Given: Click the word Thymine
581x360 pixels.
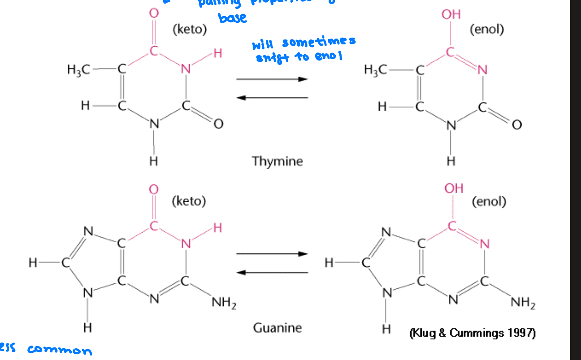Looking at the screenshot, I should [x=277, y=161].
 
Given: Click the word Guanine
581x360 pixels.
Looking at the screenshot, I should [x=277, y=328].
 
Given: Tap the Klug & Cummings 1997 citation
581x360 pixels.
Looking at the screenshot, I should [x=472, y=333].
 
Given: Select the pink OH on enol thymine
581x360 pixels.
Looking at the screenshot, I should [x=451, y=14].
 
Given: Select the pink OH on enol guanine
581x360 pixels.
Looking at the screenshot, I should [x=454, y=188].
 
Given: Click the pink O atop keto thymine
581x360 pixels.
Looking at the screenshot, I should [x=154, y=13].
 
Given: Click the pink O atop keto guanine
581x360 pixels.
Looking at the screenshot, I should [x=154, y=189].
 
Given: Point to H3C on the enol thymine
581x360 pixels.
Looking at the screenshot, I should [x=376, y=69].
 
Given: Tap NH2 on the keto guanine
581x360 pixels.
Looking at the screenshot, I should [x=224, y=304].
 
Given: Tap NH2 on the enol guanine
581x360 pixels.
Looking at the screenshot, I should [x=523, y=304].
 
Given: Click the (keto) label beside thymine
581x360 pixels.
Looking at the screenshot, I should [x=190, y=30].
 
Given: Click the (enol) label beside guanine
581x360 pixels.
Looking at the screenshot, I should [x=489, y=202].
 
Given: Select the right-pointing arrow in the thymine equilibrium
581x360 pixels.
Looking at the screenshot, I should [x=272, y=79].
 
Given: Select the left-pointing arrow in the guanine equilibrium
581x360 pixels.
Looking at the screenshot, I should [x=272, y=272].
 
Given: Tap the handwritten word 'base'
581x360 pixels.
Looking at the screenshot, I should [x=232, y=18].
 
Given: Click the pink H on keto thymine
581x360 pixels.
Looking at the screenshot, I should [x=217, y=54].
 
